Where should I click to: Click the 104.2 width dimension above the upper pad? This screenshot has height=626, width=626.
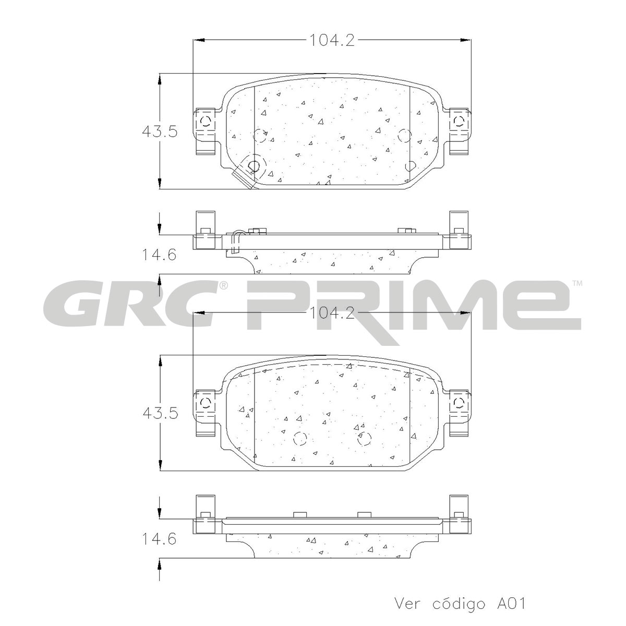pyautogui.click(x=331, y=41)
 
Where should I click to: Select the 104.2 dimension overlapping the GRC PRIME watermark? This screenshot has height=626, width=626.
pyautogui.click(x=331, y=313)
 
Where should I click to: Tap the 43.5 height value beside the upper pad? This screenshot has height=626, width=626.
pyautogui.click(x=160, y=132)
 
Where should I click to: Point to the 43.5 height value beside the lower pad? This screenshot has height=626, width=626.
pyautogui.click(x=160, y=414)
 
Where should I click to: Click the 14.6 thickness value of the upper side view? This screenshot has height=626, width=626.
pyautogui.click(x=159, y=255)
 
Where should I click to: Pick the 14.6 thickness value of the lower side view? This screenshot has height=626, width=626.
pyautogui.click(x=159, y=539)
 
